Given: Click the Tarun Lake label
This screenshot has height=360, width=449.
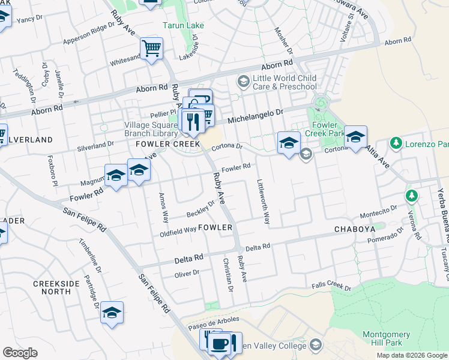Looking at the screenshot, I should (x=183, y=25).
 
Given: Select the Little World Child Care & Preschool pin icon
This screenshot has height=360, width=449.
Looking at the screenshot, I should (x=244, y=80).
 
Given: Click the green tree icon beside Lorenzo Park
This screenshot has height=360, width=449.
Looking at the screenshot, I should (x=396, y=144).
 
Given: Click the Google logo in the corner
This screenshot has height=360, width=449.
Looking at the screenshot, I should (x=20, y=353).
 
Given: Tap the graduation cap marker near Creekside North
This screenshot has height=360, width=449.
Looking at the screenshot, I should (x=112, y=313).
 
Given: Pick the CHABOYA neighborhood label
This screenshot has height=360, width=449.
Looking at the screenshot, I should (x=354, y=229).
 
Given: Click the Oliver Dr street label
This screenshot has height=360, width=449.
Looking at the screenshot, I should (x=186, y=273).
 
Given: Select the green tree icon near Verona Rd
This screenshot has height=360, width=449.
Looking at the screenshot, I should (x=411, y=196).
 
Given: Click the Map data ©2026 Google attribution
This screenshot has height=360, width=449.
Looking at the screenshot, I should (x=412, y=355).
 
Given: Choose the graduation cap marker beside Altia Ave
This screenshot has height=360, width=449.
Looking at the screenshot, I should (x=355, y=137).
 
